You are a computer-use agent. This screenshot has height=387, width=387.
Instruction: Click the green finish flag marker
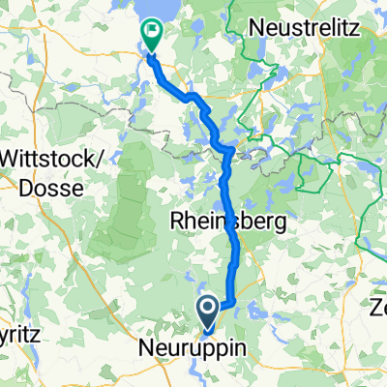[x=153, y=35]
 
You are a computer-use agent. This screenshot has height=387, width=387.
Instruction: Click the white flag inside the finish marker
[x=153, y=32]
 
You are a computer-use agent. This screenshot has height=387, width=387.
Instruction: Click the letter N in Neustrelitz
[x=257, y=27]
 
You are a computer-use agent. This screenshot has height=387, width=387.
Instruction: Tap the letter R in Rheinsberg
[x=179, y=222]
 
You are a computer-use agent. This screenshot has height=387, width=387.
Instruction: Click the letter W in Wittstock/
[x=11, y=160]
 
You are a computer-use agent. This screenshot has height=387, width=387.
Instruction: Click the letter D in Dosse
[x=22, y=189]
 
